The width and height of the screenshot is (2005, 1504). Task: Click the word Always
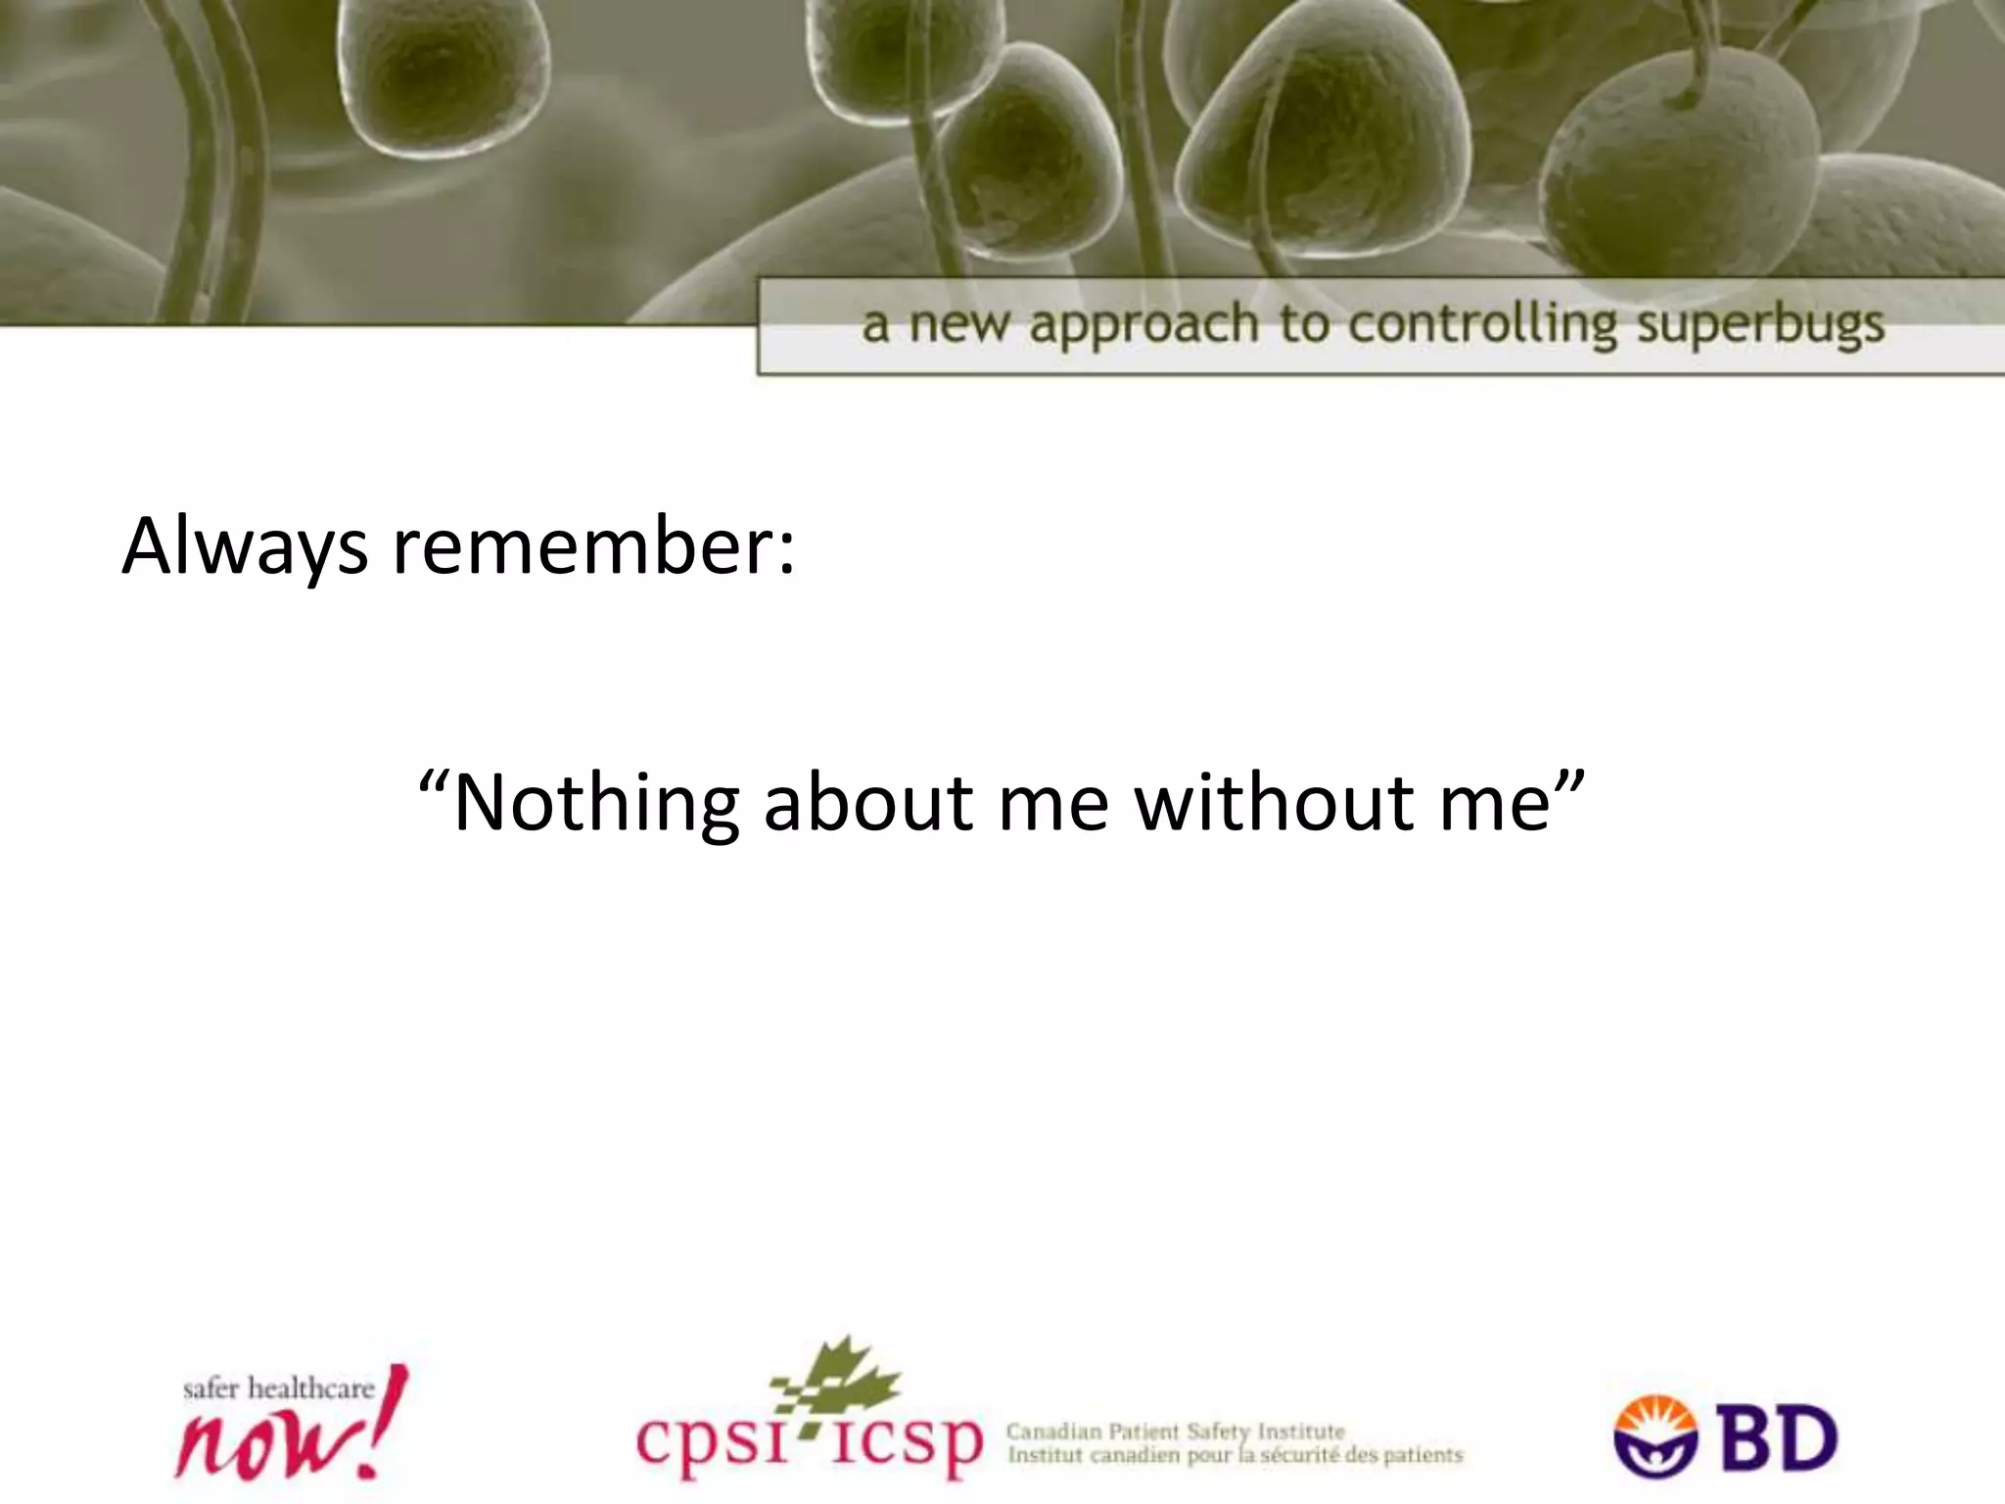coord(245,547)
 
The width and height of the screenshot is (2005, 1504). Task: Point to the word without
coord(1274,803)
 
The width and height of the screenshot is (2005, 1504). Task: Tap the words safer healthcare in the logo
coord(279,1388)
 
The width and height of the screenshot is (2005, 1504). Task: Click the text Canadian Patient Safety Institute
coord(1175,1432)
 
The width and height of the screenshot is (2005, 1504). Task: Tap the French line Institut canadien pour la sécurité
coord(1235,1456)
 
